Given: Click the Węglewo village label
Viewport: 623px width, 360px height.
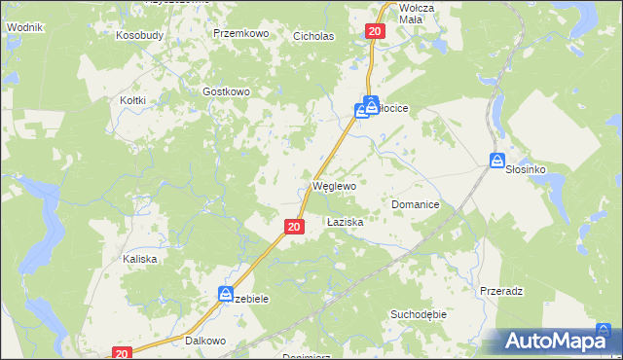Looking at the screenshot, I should point(333,185).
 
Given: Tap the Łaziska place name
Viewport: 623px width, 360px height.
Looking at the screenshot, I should point(345,222).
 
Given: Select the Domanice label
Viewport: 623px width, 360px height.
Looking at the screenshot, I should point(416,205).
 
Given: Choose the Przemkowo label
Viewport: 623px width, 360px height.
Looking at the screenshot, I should point(240,32).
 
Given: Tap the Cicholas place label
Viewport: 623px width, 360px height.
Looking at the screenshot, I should point(313,36).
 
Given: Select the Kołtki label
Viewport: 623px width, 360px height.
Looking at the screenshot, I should point(132,100).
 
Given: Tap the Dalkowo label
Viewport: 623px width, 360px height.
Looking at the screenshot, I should point(205,342).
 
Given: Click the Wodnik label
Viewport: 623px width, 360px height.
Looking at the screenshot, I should point(23,28).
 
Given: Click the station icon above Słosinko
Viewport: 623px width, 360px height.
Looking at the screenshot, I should point(496,161).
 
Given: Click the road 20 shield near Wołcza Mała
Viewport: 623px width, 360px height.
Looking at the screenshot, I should point(377,32).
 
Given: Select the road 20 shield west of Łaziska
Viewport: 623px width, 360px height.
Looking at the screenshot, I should point(294,226).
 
